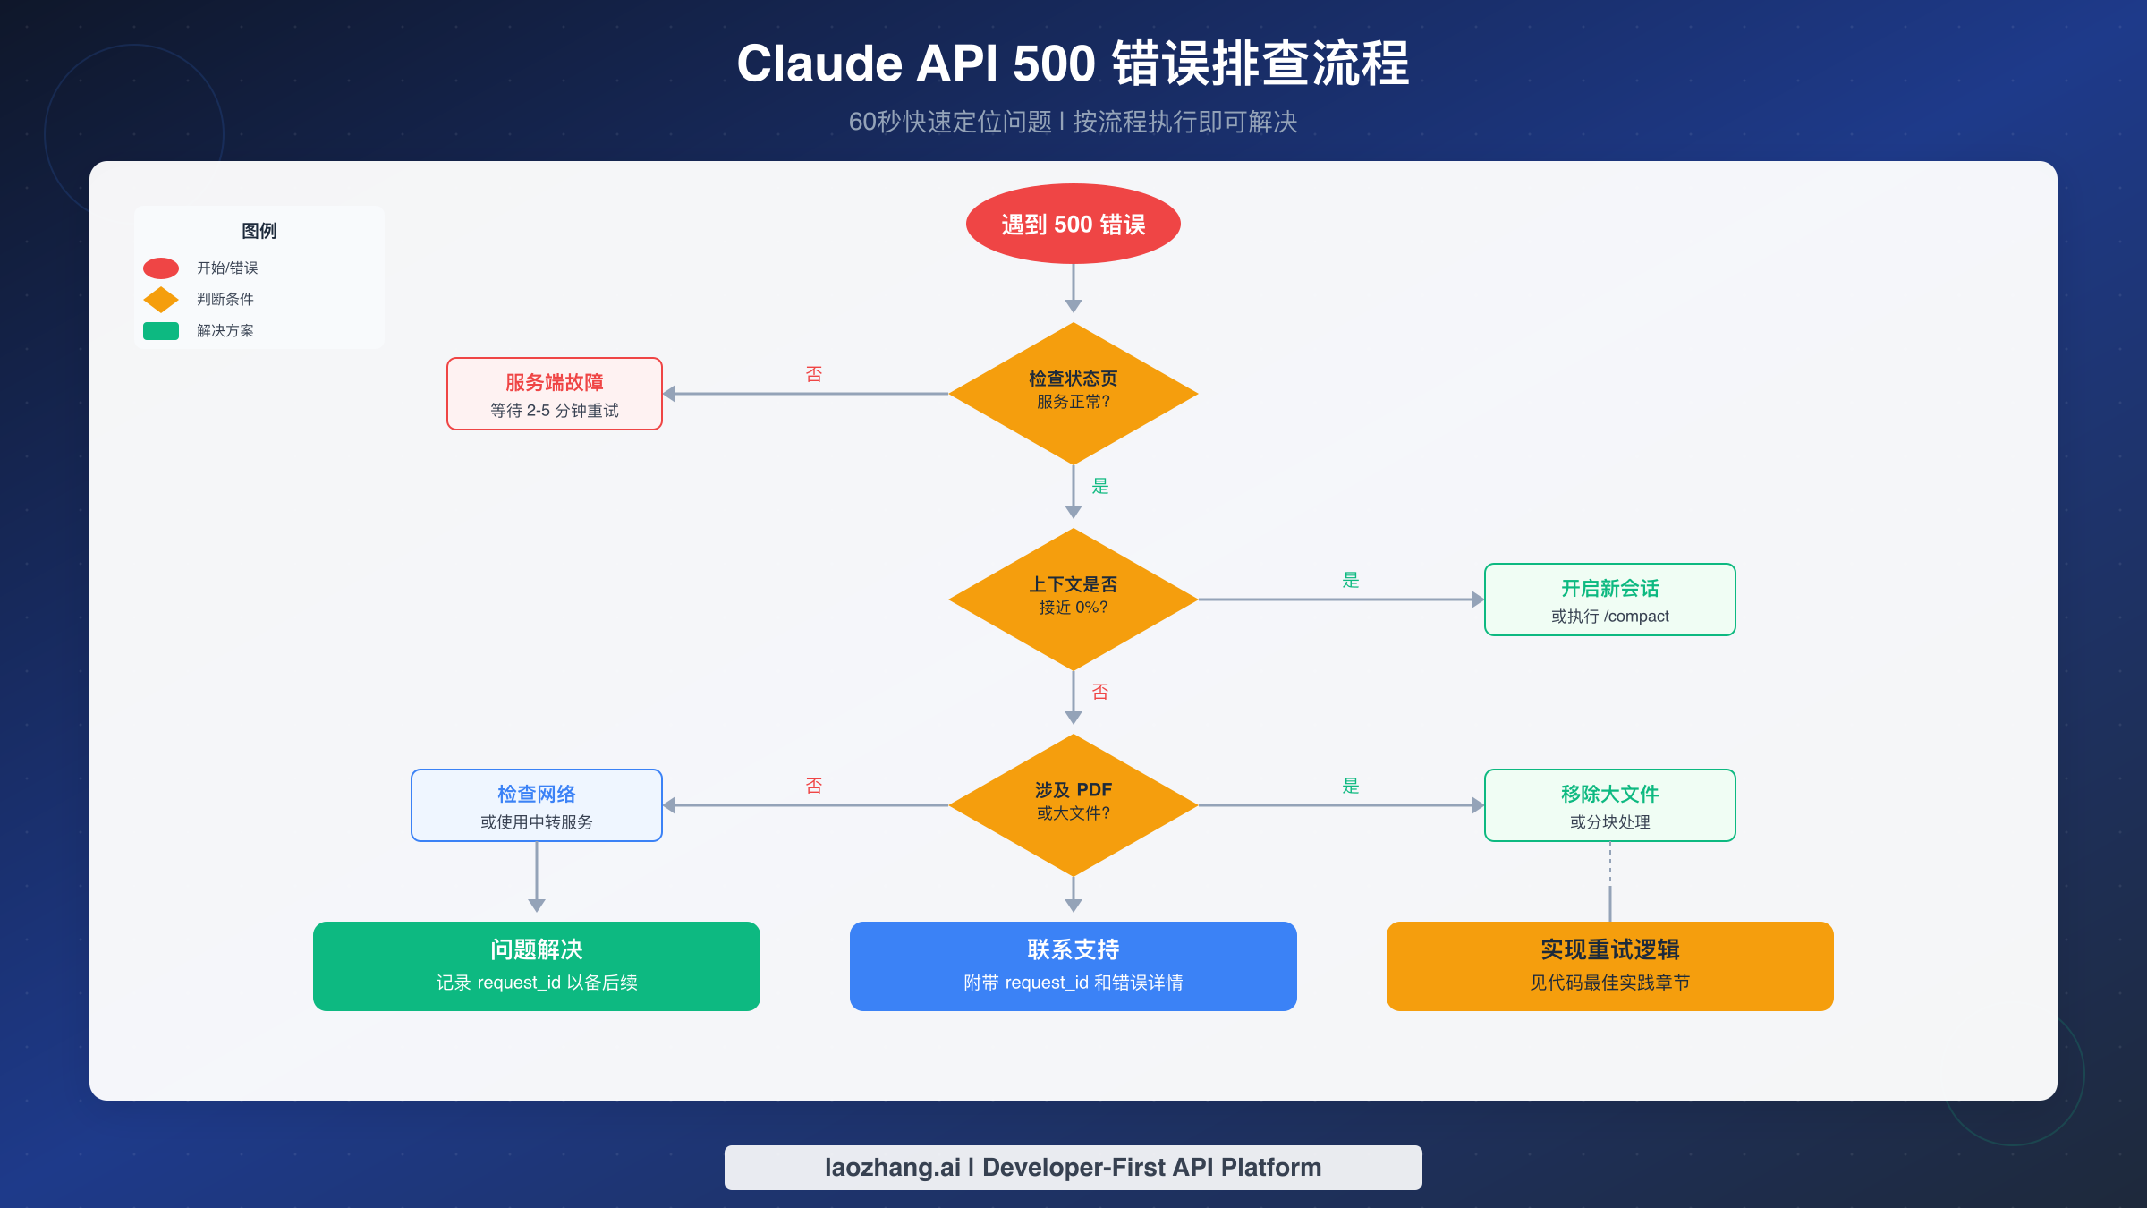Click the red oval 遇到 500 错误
coord(1073,224)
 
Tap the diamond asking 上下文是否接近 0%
coord(1073,598)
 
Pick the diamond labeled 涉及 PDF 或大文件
coord(1073,804)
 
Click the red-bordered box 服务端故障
coord(554,394)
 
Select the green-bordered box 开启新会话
coord(1609,600)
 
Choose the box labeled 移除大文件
coord(1609,805)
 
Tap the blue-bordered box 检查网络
coord(536,805)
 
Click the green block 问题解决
coord(536,966)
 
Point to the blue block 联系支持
coord(1073,966)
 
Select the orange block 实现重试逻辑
coord(1609,966)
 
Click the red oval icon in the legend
coord(161,268)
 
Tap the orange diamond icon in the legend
coord(161,300)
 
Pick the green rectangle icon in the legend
coord(161,331)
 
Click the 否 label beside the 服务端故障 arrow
coord(813,374)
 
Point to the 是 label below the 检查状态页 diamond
coord(1099,486)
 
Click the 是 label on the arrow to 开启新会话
coord(1350,580)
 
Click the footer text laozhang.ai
coord(892,1167)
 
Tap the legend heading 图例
coord(259,231)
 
